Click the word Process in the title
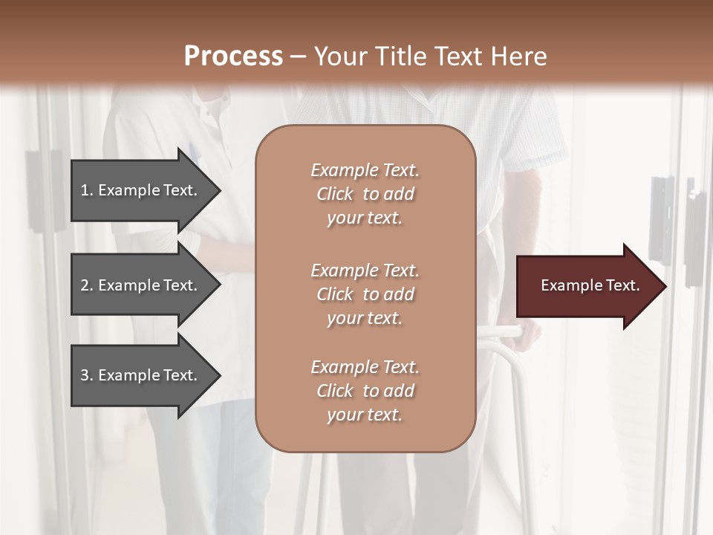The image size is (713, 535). point(233,56)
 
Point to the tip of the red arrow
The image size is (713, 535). point(664,286)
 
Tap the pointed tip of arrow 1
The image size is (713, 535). point(218,190)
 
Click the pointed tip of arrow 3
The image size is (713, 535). point(218,375)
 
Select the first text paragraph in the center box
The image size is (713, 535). point(365,194)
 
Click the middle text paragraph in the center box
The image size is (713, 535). point(365,294)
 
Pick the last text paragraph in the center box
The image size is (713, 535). point(365,391)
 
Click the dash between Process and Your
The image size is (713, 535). point(298,57)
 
